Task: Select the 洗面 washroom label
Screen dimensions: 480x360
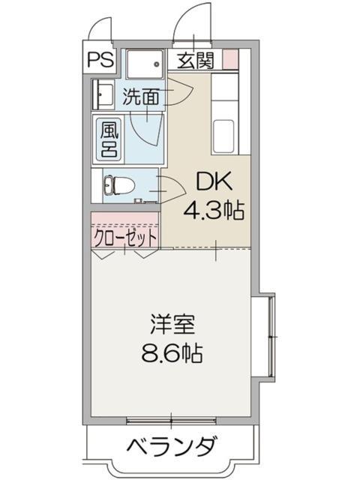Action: point(142,96)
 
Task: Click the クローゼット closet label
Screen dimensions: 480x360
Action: point(125,237)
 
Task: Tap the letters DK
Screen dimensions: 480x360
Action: point(213,182)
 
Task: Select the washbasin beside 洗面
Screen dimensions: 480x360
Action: point(101,96)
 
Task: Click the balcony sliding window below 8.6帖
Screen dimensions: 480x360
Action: point(172,418)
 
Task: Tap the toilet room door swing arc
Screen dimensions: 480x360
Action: point(171,184)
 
